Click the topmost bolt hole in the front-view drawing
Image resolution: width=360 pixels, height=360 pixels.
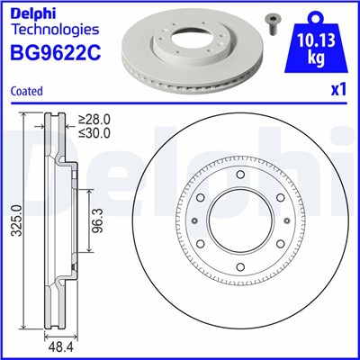[x=240, y=173]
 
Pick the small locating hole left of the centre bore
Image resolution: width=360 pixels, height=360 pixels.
[x=195, y=219]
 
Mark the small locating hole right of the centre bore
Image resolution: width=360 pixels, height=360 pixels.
[x=285, y=219]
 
